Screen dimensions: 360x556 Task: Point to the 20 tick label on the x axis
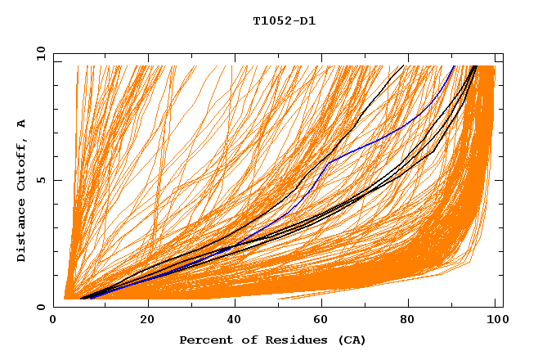(147, 320)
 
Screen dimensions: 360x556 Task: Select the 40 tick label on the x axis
(234, 320)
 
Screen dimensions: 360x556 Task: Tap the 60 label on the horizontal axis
(321, 320)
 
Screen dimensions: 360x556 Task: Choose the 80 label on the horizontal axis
(407, 320)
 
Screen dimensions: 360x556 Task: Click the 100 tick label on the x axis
(494, 320)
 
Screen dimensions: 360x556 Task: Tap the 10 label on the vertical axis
(39, 54)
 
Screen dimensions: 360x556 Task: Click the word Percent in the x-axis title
(204, 340)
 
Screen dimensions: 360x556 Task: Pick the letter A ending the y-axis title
(22, 124)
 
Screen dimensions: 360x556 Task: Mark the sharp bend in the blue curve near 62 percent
(329, 162)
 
